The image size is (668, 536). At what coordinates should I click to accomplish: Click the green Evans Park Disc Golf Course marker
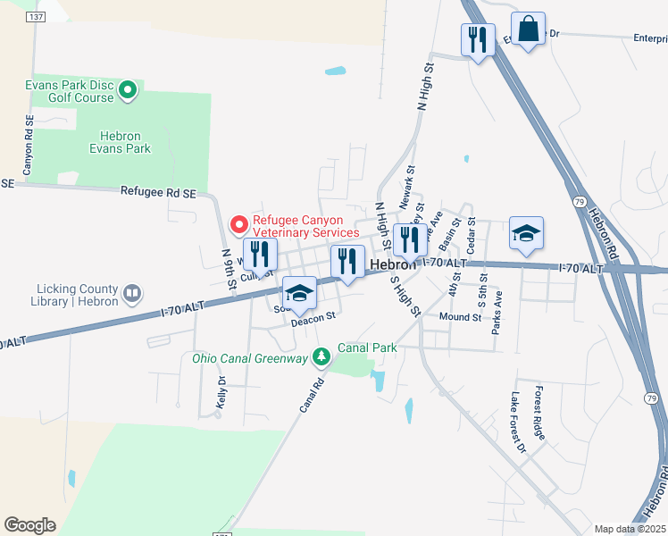pos(127,89)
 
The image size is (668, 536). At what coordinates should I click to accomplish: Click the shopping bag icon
pos(528,29)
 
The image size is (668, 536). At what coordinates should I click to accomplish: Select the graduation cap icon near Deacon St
pos(299,293)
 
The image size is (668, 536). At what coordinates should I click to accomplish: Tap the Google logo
pos(29,525)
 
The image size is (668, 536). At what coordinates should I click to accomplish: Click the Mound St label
pos(460,317)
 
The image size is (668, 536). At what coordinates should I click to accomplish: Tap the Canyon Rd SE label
pos(29,146)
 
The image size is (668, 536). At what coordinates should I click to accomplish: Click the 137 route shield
pos(36,17)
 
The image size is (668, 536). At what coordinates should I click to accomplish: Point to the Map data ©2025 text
pos(630,529)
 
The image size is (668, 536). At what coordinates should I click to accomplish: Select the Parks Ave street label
pos(497,312)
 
